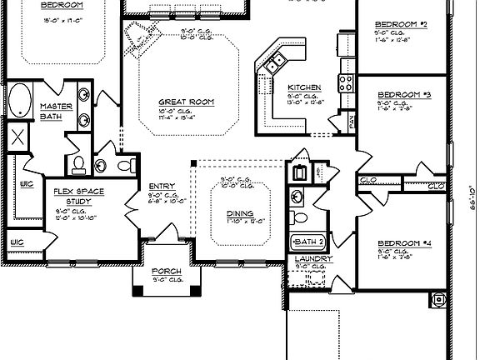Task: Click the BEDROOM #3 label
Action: pos(403,94)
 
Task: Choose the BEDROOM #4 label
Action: pos(403,243)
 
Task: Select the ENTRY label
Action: pos(161,186)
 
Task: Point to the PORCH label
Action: pos(166,272)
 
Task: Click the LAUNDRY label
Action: pos(313,258)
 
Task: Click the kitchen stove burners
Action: pos(343,82)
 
